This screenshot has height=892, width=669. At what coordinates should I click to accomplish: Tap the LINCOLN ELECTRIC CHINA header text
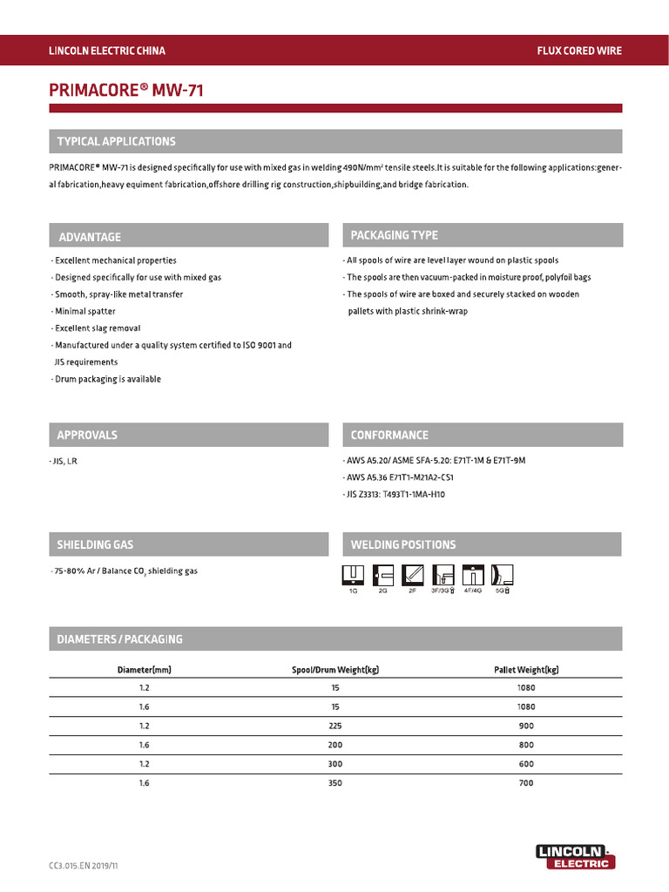[106, 51]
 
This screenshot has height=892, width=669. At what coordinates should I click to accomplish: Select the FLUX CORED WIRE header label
[579, 51]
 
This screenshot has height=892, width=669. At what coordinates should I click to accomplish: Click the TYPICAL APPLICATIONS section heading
[116, 141]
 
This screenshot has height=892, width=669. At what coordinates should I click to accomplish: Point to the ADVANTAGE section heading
[90, 237]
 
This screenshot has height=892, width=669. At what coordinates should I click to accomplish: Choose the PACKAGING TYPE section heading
[394, 235]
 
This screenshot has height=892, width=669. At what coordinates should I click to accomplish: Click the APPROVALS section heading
[87, 435]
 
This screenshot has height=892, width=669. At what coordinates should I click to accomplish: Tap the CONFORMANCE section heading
[389, 435]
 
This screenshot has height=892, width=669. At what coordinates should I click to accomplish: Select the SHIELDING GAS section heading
[95, 544]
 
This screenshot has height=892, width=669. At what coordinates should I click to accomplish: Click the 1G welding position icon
[353, 575]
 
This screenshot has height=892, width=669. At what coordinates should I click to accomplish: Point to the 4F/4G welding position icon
[471, 575]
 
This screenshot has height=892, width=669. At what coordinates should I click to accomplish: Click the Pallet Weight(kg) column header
[525, 670]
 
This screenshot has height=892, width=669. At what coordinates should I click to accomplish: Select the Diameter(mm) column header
[145, 670]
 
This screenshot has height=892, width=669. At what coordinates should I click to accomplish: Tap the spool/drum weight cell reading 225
[335, 726]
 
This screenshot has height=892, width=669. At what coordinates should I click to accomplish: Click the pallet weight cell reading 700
[525, 783]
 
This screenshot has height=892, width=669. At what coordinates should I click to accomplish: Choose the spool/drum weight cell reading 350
[335, 783]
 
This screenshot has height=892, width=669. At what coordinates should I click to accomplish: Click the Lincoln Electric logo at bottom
[575, 856]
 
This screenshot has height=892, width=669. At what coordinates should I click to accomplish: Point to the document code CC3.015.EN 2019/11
[83, 867]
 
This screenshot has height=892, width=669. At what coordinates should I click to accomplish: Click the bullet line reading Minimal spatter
[84, 311]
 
